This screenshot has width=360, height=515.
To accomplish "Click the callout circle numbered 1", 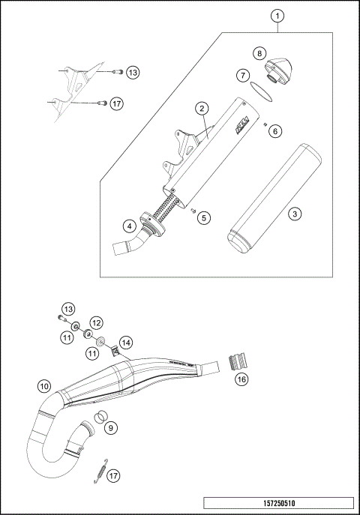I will click(278, 16).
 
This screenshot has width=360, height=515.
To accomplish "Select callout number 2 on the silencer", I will click(202, 109).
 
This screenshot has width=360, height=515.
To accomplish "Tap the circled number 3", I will click(295, 214).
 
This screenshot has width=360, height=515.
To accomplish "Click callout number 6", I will click(274, 131).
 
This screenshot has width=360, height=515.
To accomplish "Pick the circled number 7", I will click(242, 76).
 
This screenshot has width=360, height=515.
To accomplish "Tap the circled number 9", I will click(111, 427).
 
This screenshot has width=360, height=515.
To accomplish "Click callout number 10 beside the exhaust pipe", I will click(44, 387).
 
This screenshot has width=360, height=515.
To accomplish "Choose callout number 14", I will click(125, 342).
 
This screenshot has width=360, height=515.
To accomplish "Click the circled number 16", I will click(241, 379).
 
